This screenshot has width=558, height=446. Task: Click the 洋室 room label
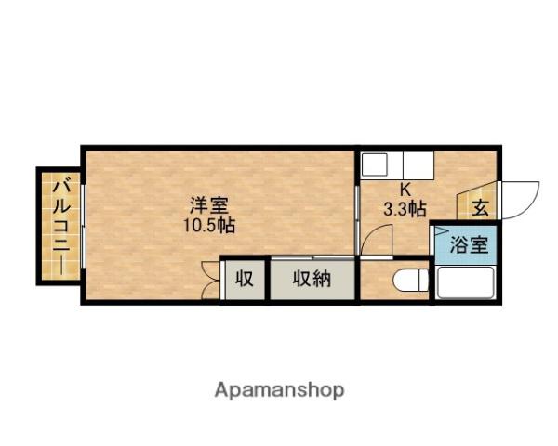point(208,205)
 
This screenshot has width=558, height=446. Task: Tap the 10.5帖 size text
point(209,225)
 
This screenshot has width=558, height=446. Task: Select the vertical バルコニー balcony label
point(61,228)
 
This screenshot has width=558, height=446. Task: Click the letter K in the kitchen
point(405,190)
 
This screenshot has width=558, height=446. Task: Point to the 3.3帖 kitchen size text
point(405,209)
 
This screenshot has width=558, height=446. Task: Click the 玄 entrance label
point(480,208)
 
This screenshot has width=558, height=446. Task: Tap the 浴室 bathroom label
point(469,244)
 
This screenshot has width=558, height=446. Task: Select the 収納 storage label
point(312,278)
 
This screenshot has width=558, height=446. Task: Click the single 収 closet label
point(245,278)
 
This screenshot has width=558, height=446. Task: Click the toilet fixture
point(411,280)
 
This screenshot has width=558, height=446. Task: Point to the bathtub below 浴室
point(466,282)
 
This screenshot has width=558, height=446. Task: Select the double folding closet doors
point(210,280)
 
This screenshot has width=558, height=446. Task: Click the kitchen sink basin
point(375,164)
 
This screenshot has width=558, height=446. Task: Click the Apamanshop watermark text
point(279,390)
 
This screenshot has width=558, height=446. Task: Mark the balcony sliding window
point(83,226)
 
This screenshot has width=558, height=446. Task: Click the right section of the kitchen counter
point(418,165)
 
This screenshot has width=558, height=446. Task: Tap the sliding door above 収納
point(313,256)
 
